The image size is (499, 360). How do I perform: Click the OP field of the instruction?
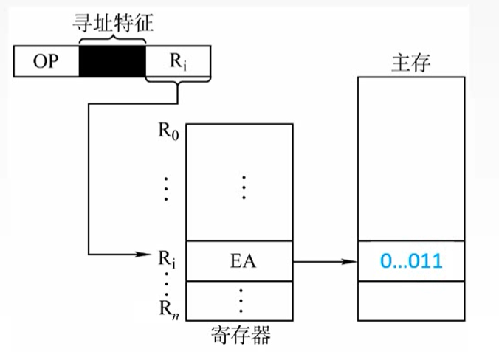tap(46, 61)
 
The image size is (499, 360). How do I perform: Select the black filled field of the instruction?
tap(111, 61)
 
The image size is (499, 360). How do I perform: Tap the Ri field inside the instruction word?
tap(178, 61)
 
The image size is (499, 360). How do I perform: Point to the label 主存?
tap(410, 63)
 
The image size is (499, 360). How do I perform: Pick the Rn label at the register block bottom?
tap(168, 304)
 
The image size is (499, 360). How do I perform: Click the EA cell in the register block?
tap(241, 260)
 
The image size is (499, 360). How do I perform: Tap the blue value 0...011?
tap(412, 261)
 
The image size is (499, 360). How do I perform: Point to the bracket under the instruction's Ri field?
tap(178, 85)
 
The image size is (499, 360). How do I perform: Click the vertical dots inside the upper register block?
tap(243, 187)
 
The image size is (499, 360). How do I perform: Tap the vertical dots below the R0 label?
tap(167, 189)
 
